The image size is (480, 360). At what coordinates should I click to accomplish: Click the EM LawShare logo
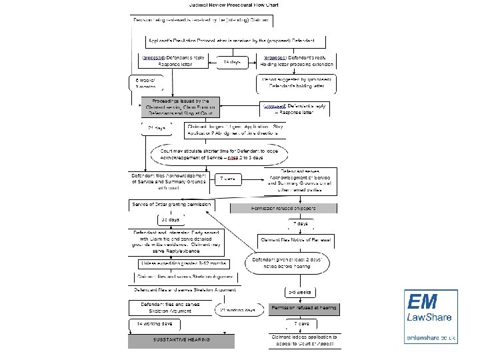click(x=431, y=314)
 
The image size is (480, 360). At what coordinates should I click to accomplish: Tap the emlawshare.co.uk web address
click(x=431, y=338)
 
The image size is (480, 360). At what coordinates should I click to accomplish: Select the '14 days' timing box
click(x=231, y=62)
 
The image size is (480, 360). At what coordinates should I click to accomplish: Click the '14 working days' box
click(x=154, y=323)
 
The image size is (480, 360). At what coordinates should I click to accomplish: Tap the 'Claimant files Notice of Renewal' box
click(x=296, y=239)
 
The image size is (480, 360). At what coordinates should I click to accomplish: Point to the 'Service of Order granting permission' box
click(x=172, y=204)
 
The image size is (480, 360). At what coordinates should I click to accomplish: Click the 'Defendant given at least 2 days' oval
click(x=285, y=261)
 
